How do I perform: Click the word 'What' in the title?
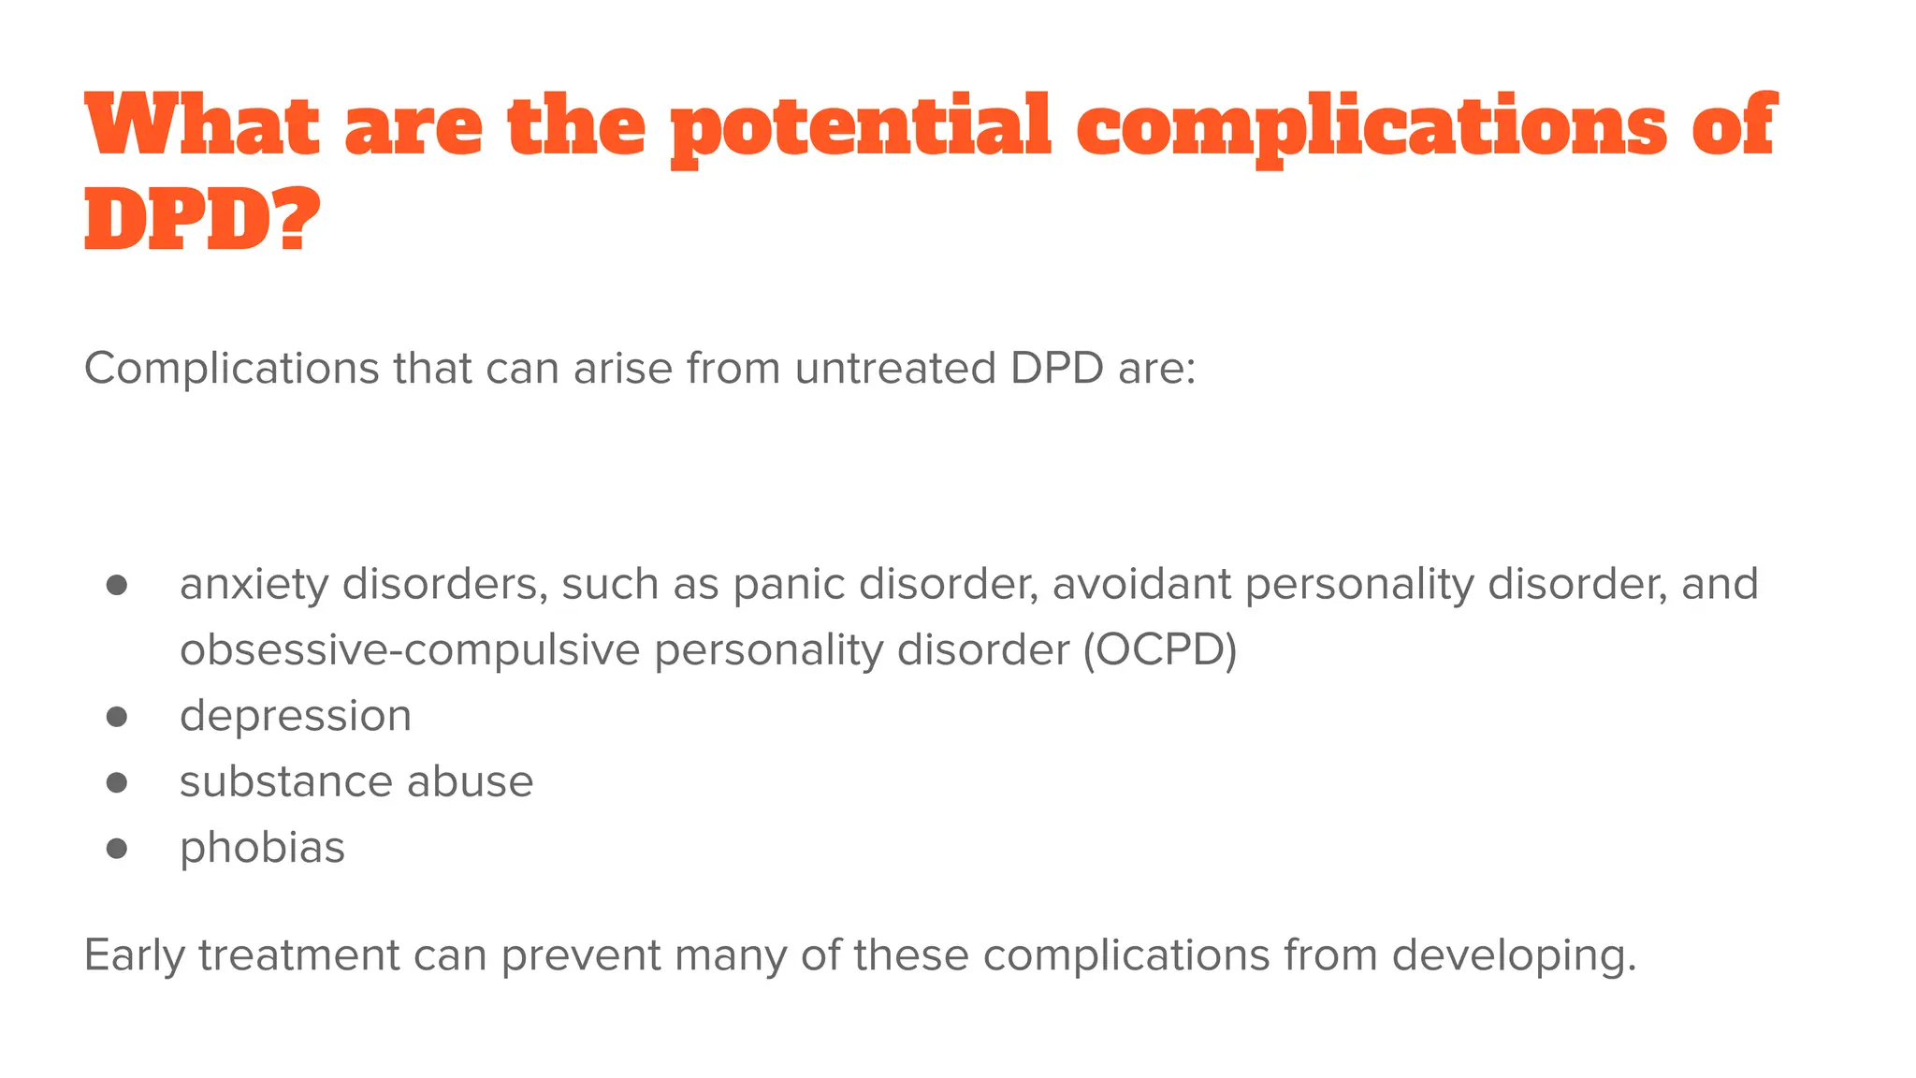(201, 125)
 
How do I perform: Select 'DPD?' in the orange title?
(201, 219)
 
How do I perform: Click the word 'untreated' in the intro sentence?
(895, 368)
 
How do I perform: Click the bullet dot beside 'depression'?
(117, 717)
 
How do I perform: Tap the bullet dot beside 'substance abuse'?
(117, 782)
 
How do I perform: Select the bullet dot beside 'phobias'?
(117, 848)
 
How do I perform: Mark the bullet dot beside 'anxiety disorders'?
(117, 585)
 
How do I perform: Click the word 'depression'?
(296, 717)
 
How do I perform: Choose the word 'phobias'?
(262, 848)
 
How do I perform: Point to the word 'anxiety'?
(254, 585)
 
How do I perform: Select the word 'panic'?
(789, 585)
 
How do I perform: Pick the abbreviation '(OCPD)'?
(1160, 650)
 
